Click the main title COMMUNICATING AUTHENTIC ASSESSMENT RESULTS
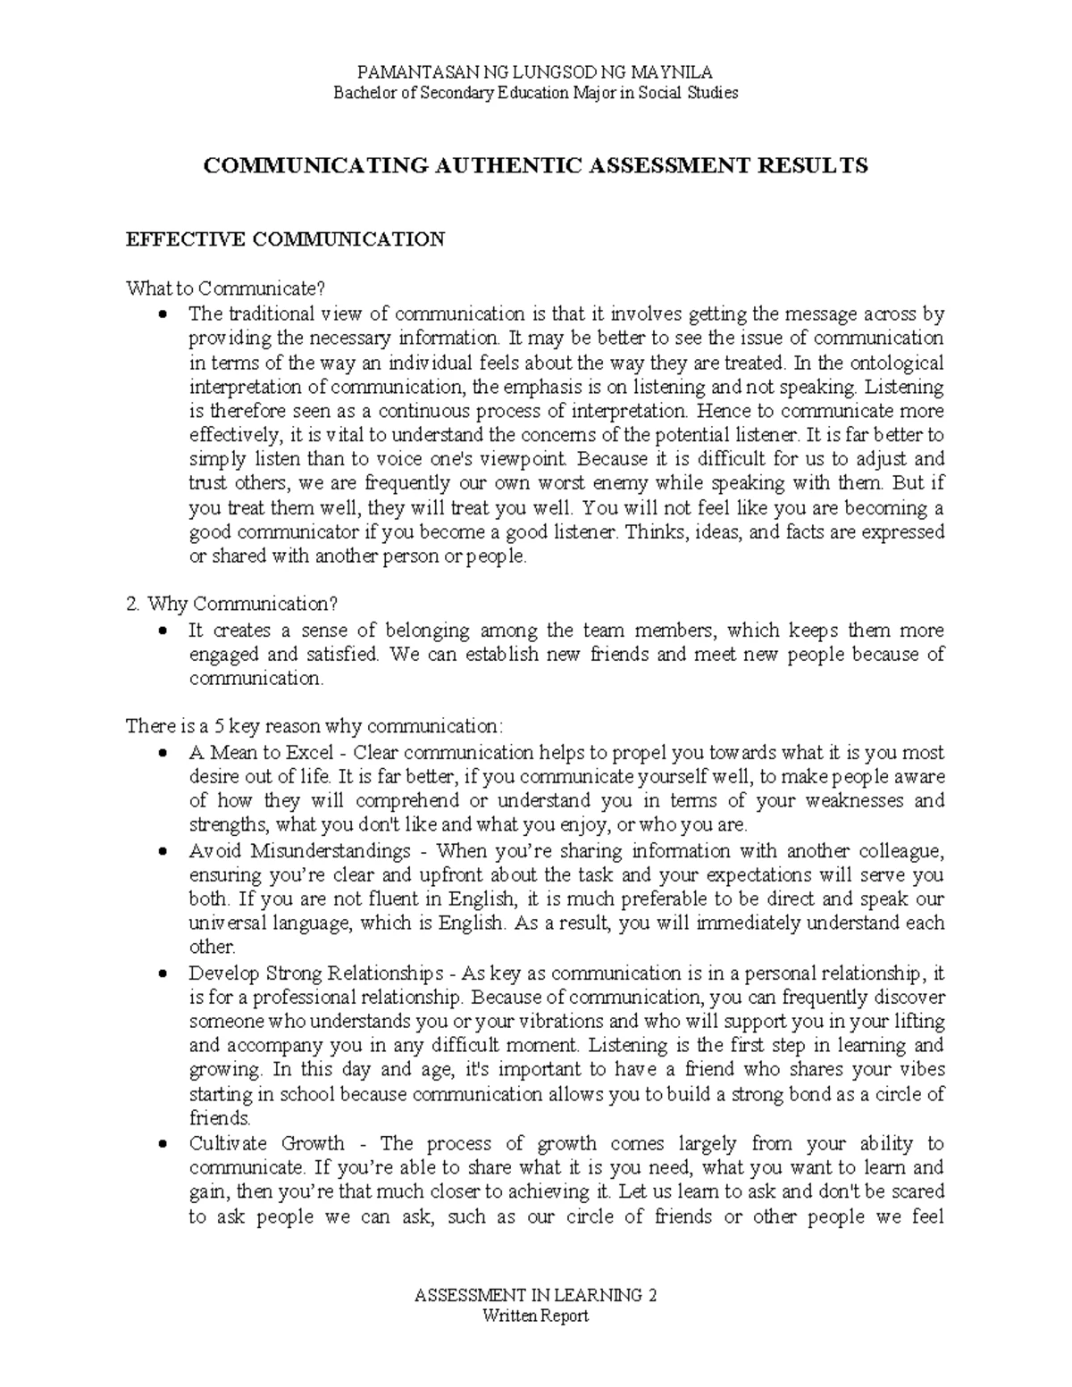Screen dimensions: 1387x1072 [536, 165]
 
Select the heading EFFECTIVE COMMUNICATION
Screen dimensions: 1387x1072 [285, 239]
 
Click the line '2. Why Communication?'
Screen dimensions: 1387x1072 [232, 605]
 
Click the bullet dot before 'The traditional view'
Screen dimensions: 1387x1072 [162, 314]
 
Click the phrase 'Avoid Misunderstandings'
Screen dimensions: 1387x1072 [299, 849]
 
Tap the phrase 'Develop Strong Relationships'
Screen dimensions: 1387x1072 [315, 972]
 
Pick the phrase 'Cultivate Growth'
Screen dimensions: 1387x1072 [266, 1143]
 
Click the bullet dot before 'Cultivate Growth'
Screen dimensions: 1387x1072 [162, 1144]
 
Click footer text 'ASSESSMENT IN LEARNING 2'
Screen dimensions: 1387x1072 [536, 1295]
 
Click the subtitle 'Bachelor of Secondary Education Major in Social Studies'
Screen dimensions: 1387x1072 [536, 93]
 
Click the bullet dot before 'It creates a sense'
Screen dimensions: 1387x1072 [162, 631]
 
